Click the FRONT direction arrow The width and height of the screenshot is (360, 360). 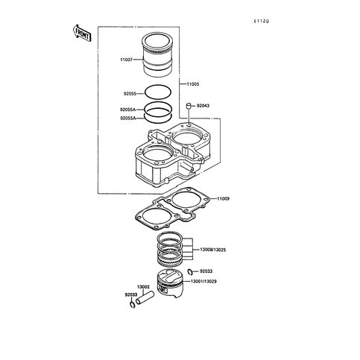point(83,34)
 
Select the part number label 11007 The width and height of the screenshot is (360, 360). point(127,60)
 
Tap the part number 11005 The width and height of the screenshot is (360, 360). point(193,84)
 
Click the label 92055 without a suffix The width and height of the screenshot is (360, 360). point(130,94)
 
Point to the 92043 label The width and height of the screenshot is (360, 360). point(203,106)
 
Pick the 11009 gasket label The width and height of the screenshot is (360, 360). point(223,199)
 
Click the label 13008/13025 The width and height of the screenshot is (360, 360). point(213,250)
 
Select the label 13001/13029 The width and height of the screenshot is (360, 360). point(203,282)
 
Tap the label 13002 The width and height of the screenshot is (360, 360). point(143,287)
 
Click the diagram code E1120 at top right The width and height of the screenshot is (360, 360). point(261,22)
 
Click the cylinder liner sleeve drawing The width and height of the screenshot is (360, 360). point(157,55)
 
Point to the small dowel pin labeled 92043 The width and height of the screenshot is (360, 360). point(189,106)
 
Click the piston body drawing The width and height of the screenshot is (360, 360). point(171,283)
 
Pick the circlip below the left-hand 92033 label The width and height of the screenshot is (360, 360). point(132,304)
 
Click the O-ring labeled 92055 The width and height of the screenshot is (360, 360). point(158,92)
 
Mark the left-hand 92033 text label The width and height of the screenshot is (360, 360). point(131,295)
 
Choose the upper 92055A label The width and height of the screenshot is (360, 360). point(128,110)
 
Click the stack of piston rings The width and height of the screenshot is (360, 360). point(171,250)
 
